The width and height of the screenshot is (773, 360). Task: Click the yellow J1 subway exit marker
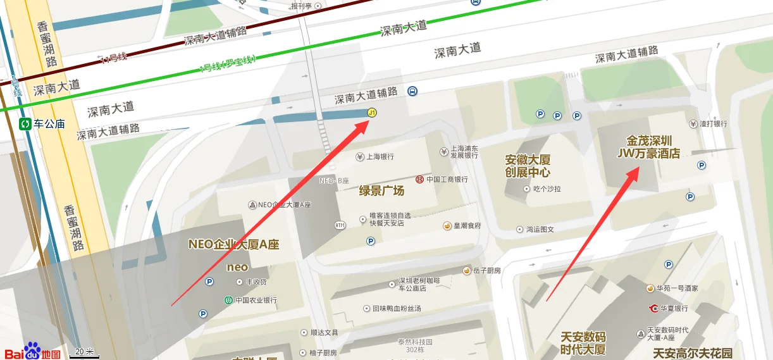click(x=372, y=113)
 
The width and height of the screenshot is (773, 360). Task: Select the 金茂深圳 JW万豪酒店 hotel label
click(x=649, y=147)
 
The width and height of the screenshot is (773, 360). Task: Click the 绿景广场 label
click(x=381, y=190)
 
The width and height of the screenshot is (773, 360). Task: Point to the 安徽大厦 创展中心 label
click(x=528, y=166)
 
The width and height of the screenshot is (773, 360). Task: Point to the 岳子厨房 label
click(x=486, y=271)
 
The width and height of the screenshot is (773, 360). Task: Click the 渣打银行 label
click(x=713, y=124)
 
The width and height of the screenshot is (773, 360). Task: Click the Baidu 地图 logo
click(x=32, y=352)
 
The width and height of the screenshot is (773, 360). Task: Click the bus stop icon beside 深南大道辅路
click(x=412, y=91)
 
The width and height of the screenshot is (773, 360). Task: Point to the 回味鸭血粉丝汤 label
click(x=396, y=309)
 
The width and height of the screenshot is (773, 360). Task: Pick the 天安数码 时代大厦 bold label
click(x=583, y=343)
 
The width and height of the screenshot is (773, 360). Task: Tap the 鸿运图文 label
click(x=540, y=230)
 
